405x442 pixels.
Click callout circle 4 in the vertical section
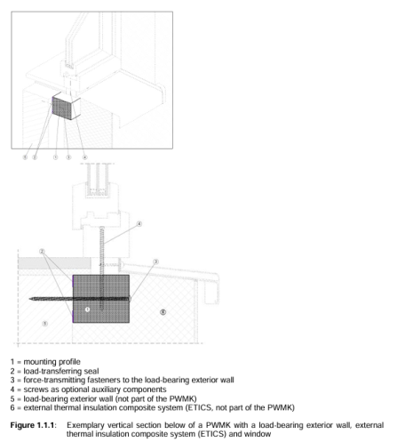[139, 224]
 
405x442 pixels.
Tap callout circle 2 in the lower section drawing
[42, 252]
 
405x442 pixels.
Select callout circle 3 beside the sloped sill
[155, 261]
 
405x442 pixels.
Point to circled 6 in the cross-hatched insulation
[163, 312]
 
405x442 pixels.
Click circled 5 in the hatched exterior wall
[44, 323]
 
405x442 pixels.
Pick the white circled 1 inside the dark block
[87, 309]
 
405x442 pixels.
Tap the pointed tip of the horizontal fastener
[29, 299]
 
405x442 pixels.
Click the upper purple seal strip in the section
[73, 282]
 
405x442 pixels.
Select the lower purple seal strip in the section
[73, 316]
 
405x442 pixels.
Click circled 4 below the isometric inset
[84, 157]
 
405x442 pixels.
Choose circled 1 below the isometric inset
[55, 157]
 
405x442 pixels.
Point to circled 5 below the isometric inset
[25, 157]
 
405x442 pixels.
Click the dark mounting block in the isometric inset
[62, 108]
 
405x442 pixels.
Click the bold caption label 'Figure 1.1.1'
[32, 425]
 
